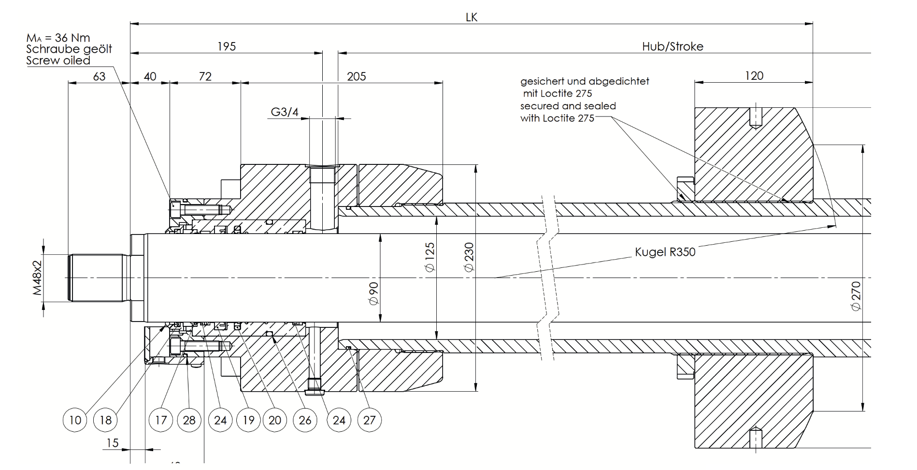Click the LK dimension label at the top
471,17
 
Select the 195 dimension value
226,46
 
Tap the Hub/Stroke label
673,46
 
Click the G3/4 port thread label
285,112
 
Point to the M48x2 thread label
38,278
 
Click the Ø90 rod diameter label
373,294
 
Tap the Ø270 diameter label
856,296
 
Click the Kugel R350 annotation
665,252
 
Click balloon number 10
75,420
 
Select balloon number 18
105,420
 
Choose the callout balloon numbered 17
161,420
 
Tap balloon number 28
189,420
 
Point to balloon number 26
305,420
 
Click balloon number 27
370,420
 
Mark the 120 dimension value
754,75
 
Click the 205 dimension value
357,76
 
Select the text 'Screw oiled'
58,60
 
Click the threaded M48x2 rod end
97,278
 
